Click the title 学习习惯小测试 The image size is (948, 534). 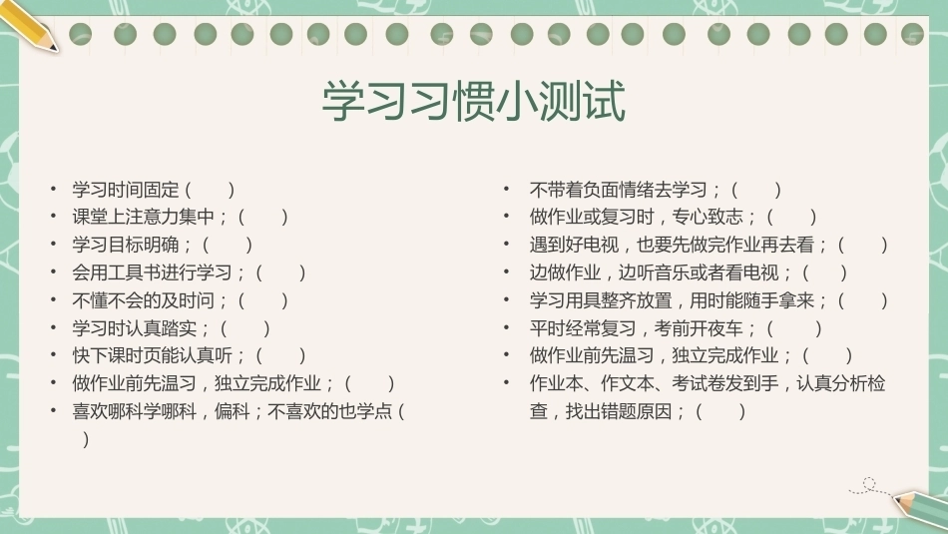pyautogui.click(x=473, y=101)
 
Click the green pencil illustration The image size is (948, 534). pyautogui.click(x=920, y=507)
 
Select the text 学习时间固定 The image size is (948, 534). pyautogui.click(x=126, y=190)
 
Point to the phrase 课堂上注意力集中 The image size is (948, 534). pyautogui.click(x=144, y=217)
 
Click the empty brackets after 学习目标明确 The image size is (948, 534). pyautogui.click(x=228, y=245)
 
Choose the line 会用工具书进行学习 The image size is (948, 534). pyautogui.click(x=153, y=272)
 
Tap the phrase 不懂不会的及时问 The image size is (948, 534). pyautogui.click(x=144, y=300)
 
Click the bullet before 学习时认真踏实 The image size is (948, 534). pyautogui.click(x=54, y=327)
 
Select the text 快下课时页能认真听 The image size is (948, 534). pyautogui.click(x=153, y=355)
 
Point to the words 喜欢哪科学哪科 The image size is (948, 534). pyautogui.click(x=135, y=412)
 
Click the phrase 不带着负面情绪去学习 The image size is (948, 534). pyautogui.click(x=618, y=190)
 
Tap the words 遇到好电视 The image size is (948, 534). pyautogui.click(x=574, y=245)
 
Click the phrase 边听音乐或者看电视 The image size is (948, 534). pyautogui.click(x=699, y=272)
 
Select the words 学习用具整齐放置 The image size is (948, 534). pyautogui.click(x=601, y=300)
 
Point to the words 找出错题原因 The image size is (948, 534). pyautogui.click(x=619, y=412)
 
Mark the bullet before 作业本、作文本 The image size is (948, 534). pyautogui.click(x=507, y=383)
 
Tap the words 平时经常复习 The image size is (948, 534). pyautogui.click(x=583, y=328)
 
